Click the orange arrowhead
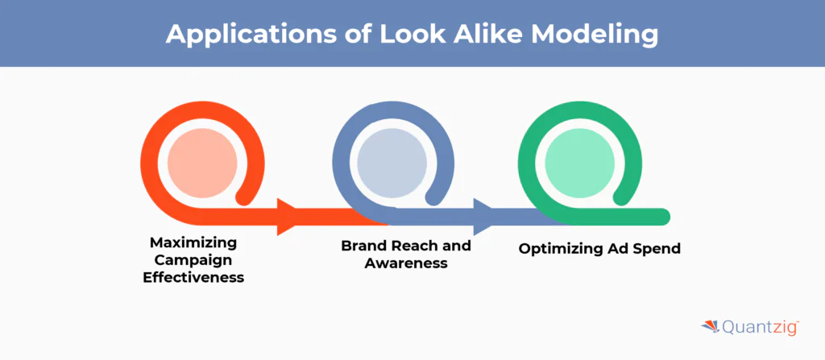click(x=288, y=217)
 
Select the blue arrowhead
click(x=483, y=217)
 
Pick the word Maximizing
click(x=193, y=242)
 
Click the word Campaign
click(x=193, y=259)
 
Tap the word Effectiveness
click(x=193, y=277)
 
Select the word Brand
click(x=363, y=246)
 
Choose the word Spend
click(x=657, y=249)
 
